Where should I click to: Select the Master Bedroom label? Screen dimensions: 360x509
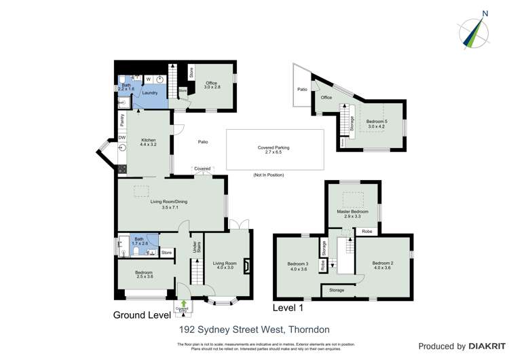352,212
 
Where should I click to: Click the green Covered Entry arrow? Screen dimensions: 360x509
183,304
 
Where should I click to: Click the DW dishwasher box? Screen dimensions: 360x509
122,138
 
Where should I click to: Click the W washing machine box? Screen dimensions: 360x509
148,79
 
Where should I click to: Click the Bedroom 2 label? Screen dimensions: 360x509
383,266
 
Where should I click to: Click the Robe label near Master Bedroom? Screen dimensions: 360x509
366,232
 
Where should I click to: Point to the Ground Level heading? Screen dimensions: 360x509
140,316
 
